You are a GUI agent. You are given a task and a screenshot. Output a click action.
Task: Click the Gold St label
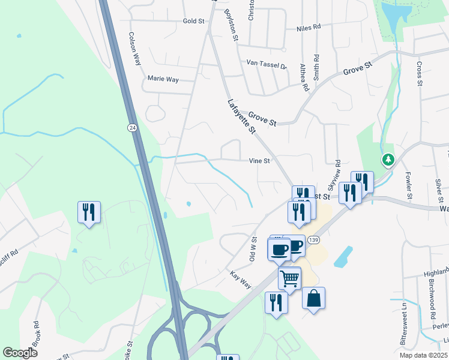[x=194, y=21]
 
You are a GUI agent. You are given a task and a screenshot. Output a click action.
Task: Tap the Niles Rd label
[x=309, y=27]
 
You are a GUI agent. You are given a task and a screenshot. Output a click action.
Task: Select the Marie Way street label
[x=163, y=79]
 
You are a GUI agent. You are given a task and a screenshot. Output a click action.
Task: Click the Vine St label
[x=260, y=161]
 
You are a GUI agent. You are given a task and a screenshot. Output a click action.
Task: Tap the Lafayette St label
[x=242, y=116]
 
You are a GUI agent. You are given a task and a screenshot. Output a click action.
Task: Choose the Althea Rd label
[x=304, y=79]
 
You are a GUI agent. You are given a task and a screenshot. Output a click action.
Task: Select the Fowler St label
[x=408, y=185]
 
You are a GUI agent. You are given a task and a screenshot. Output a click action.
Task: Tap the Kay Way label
[x=241, y=278]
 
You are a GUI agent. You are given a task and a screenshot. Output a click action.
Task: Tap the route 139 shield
[x=313, y=240]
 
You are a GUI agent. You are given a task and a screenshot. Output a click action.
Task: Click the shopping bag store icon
[x=314, y=298]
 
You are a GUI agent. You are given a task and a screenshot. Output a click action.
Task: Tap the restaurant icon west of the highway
[x=89, y=212]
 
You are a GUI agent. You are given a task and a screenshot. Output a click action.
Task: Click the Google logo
[x=20, y=353]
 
